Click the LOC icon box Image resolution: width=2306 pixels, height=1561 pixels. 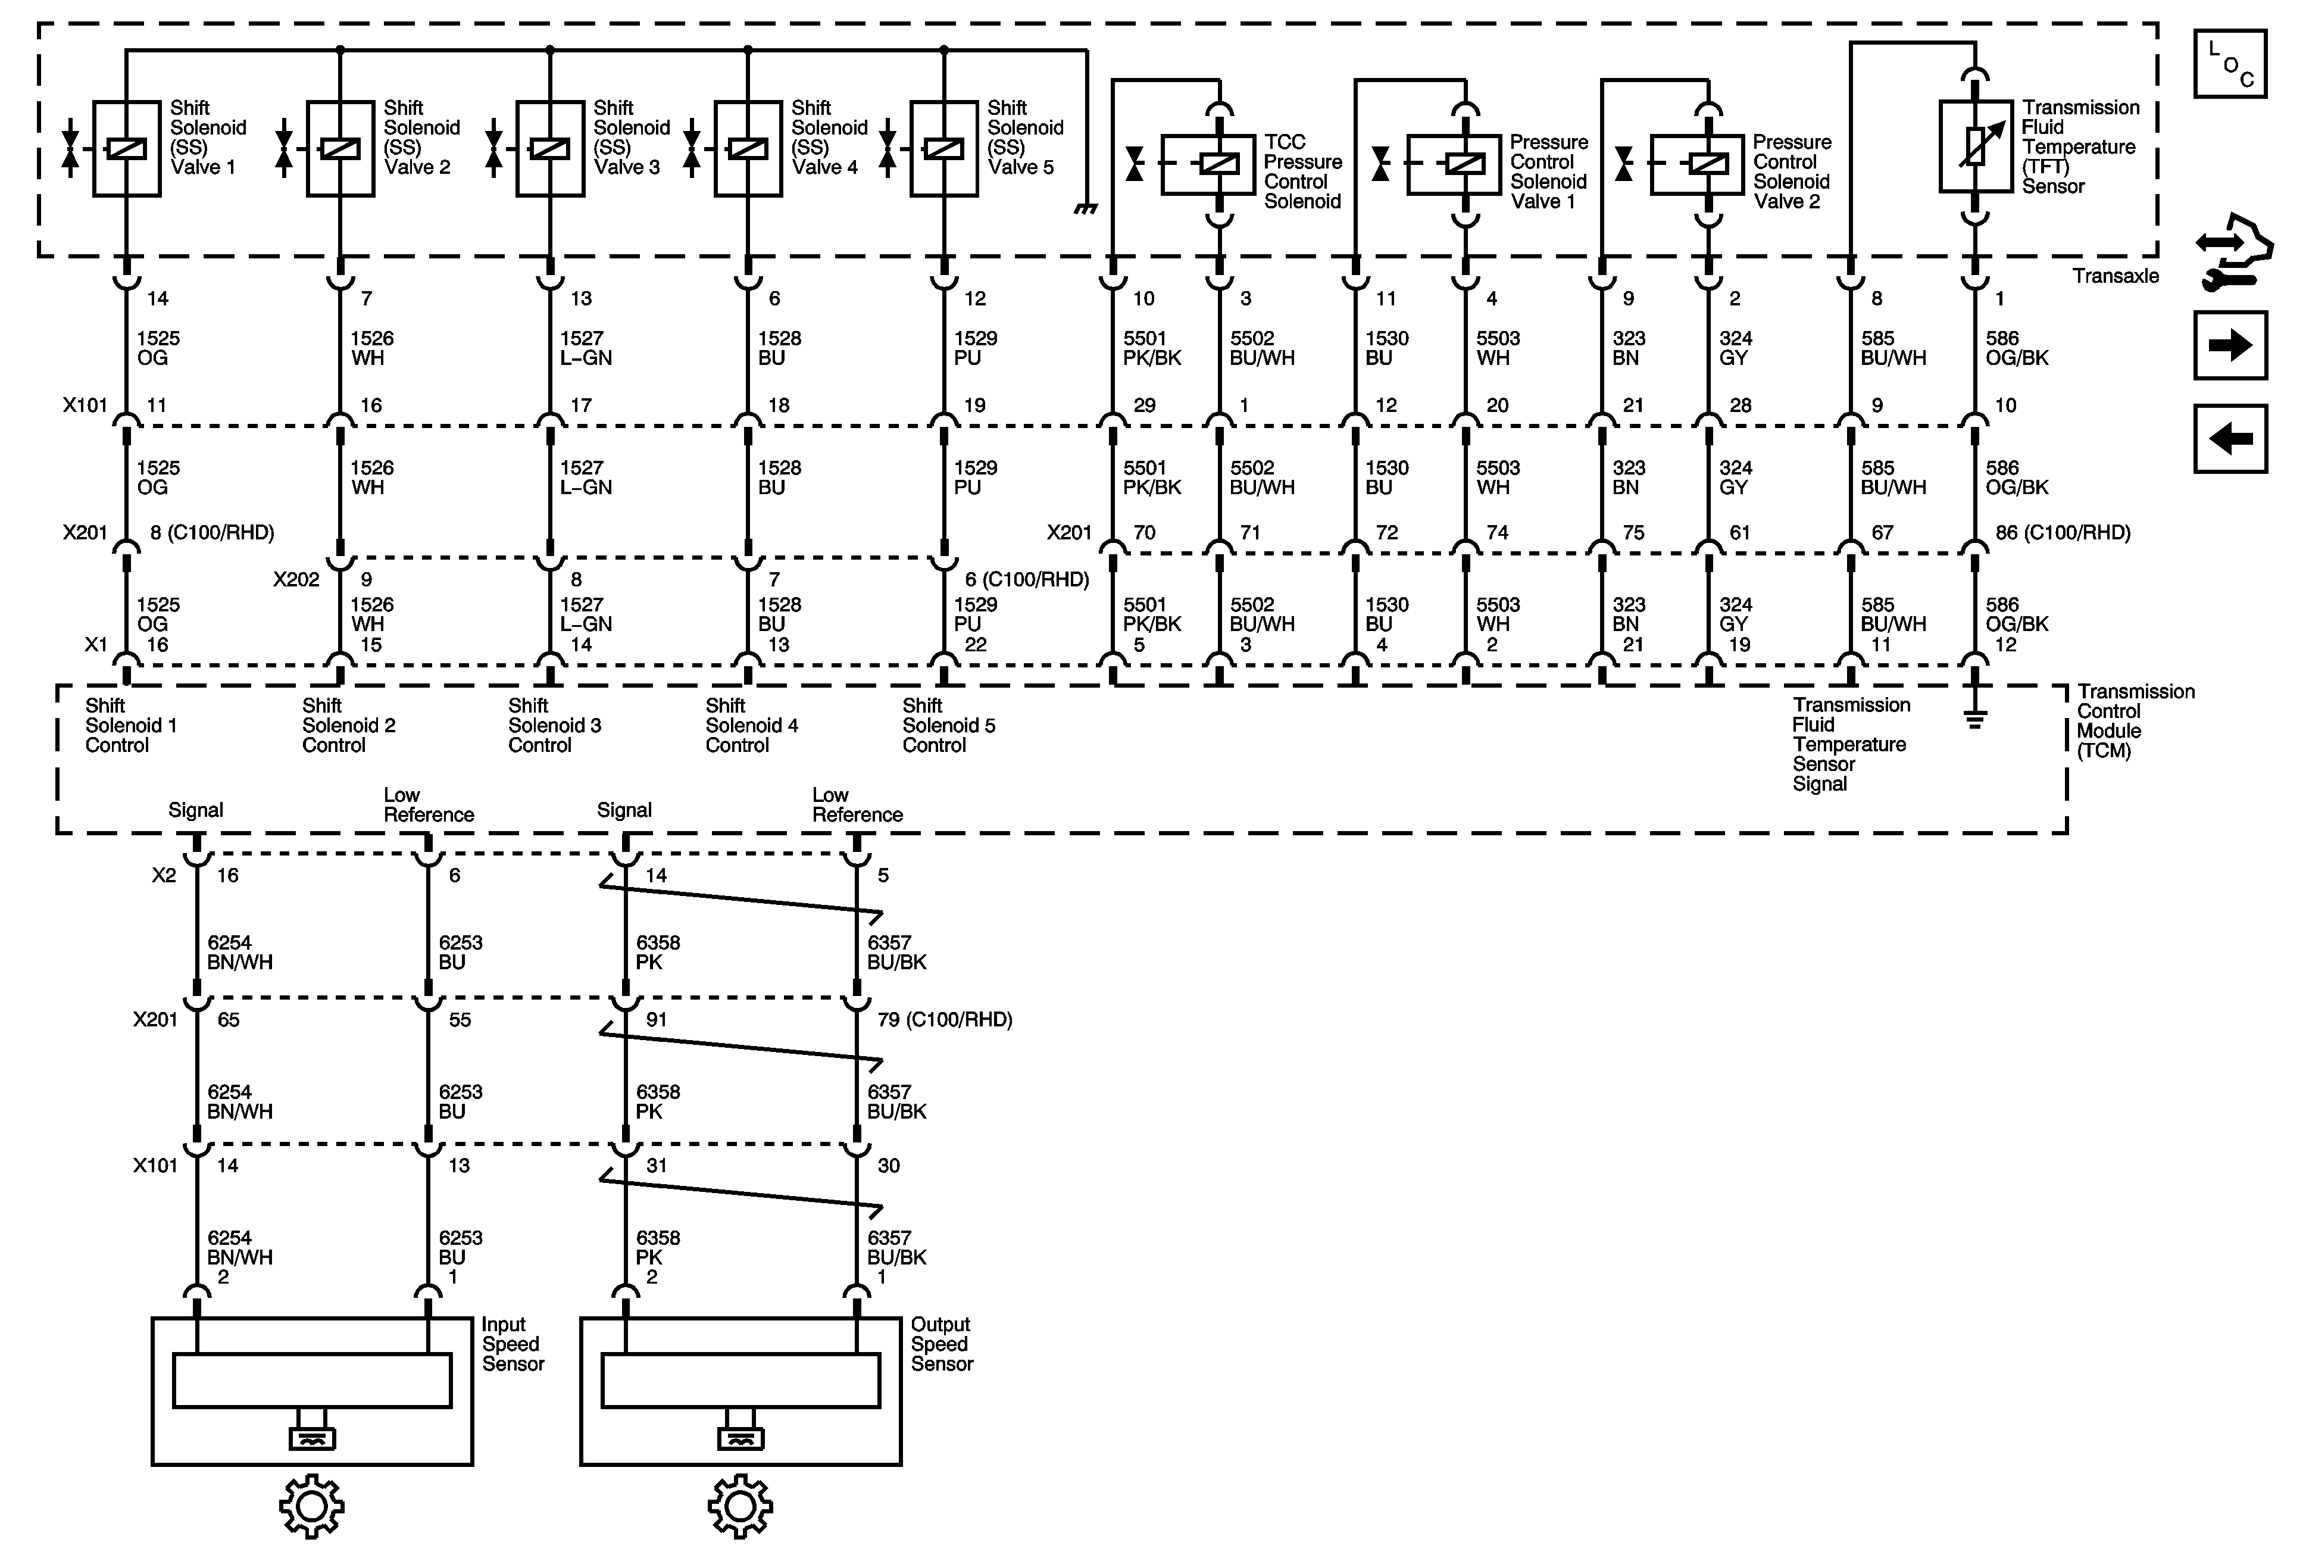tap(2230, 64)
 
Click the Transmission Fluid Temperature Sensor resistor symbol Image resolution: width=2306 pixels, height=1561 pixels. tap(1974, 146)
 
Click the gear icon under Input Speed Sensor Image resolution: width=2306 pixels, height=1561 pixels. tap(311, 1506)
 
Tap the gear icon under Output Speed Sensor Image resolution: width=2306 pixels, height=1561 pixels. tap(740, 1506)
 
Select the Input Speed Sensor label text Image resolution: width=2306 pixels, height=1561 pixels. tap(512, 1345)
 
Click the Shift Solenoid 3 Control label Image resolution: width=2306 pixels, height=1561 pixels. tap(554, 725)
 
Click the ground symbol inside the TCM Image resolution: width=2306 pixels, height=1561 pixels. tap(1974, 719)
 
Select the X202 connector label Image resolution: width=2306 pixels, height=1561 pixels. tap(296, 579)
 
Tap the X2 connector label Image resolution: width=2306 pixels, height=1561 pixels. tap(164, 875)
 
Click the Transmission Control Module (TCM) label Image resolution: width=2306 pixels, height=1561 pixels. tap(2135, 722)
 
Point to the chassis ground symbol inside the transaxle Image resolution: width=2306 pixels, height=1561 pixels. tap(1086, 208)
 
